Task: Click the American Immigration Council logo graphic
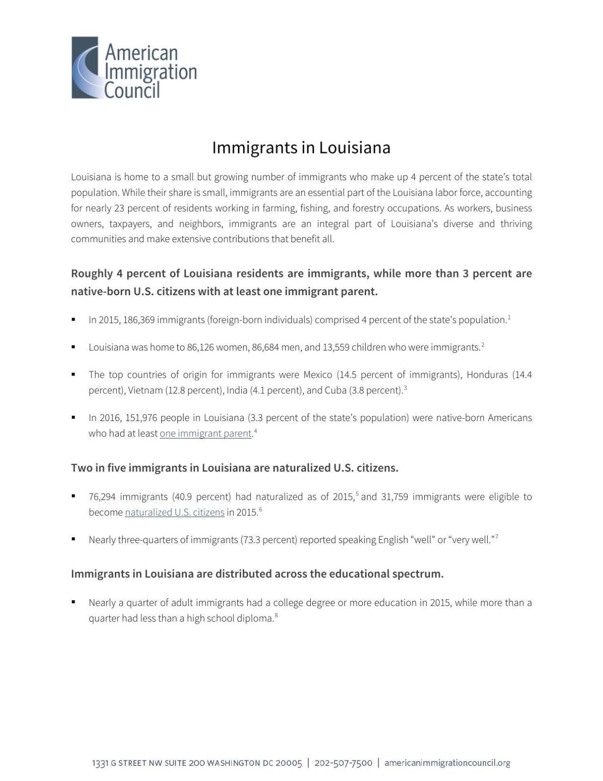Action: point(86,68)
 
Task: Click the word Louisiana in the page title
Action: point(355,148)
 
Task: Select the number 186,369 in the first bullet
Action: point(139,320)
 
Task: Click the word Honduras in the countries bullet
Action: point(487,375)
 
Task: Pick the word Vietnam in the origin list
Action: point(145,390)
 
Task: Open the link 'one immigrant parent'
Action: point(205,433)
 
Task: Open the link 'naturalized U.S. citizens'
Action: point(174,513)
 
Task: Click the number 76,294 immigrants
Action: point(102,497)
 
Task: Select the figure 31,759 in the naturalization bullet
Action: point(394,497)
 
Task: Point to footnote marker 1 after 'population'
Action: point(509,317)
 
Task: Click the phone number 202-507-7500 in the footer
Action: point(343,763)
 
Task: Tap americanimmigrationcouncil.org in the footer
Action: point(447,763)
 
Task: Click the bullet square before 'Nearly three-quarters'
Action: point(73,539)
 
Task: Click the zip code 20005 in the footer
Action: point(289,763)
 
